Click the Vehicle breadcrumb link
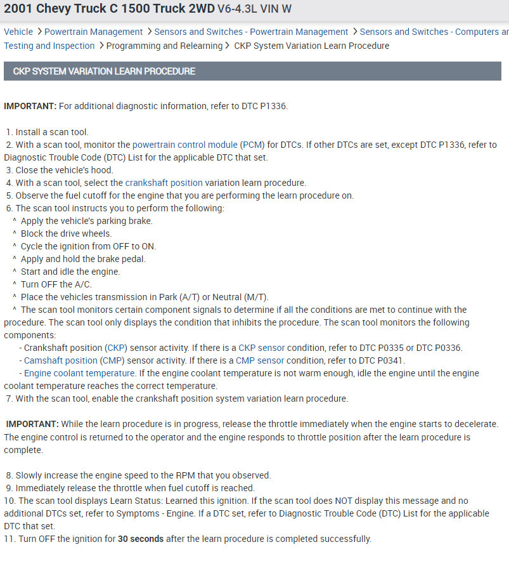(18, 32)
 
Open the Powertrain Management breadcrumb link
(93, 32)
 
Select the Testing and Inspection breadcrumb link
(49, 46)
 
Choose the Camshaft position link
(61, 360)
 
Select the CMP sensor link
(260, 360)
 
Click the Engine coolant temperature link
(79, 373)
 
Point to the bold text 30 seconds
(141, 539)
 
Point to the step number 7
(9, 399)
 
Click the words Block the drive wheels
(66, 234)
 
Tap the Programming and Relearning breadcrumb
(164, 46)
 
